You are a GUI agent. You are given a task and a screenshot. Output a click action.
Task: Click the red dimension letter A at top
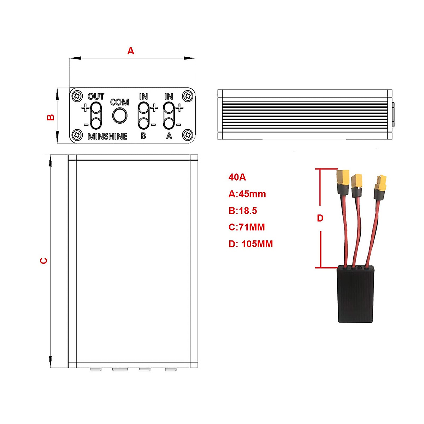tap(131, 51)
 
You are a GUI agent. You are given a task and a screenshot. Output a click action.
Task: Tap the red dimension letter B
tap(51, 117)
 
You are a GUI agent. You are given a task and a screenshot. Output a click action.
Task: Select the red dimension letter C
tap(44, 261)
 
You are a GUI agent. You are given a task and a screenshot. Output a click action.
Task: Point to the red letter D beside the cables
tap(320, 218)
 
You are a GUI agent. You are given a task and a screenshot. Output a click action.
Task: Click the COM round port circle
tap(120, 116)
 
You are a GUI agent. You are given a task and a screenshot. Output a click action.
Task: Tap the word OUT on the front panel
tap(96, 96)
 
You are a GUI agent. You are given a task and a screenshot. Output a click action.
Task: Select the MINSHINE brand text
tap(107, 136)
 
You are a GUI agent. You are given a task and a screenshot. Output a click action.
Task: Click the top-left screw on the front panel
tap(77, 96)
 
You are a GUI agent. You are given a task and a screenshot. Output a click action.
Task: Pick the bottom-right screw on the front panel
tap(188, 135)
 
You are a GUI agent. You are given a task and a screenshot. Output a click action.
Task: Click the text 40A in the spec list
tap(237, 177)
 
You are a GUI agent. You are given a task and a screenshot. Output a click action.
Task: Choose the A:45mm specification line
tap(247, 194)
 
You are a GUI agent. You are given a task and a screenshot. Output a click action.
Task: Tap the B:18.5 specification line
tap(243, 211)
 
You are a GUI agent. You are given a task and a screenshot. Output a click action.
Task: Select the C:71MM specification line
tap(247, 227)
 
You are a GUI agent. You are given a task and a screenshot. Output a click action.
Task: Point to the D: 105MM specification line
tap(251, 244)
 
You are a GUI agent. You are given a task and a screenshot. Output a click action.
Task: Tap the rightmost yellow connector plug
tap(381, 183)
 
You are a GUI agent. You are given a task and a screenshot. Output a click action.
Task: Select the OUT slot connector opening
tap(96, 116)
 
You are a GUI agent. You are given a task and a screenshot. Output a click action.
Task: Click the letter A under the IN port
tap(169, 136)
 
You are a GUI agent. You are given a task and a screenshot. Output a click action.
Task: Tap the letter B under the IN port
tap(143, 136)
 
